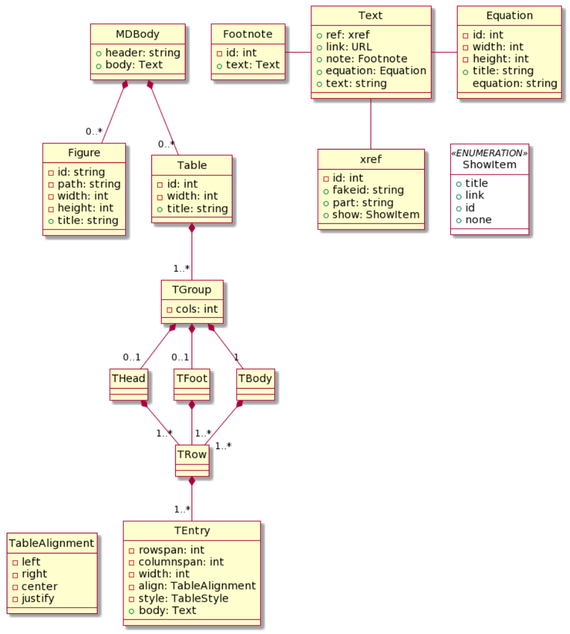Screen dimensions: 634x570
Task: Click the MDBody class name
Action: [x=137, y=34]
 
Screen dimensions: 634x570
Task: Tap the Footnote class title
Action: [x=248, y=34]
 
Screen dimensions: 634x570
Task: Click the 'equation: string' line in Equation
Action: [x=515, y=83]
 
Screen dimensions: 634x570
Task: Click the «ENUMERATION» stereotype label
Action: [x=489, y=153]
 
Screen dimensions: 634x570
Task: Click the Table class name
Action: [x=192, y=165]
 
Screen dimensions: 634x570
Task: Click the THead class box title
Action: [x=129, y=378]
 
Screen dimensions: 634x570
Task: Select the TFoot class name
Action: [x=192, y=378]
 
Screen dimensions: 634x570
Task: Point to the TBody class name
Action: [x=255, y=378]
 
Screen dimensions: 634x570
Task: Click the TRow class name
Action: [x=192, y=454]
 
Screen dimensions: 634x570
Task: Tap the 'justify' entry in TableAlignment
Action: [x=38, y=598]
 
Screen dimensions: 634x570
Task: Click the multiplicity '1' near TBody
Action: [x=236, y=358]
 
